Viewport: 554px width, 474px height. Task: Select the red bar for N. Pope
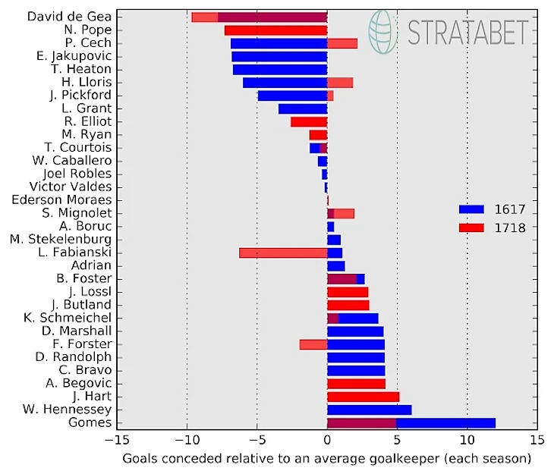click(x=275, y=30)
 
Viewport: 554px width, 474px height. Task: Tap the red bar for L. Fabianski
click(x=283, y=253)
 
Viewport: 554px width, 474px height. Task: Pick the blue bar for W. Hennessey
click(x=369, y=410)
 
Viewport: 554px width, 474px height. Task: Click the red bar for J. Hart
click(x=363, y=397)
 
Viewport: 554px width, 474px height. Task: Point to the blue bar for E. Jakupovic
click(x=279, y=56)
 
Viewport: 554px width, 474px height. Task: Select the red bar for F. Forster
click(x=313, y=344)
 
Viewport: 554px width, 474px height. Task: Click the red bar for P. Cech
click(x=342, y=43)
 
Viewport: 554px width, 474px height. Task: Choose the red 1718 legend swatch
click(x=471, y=227)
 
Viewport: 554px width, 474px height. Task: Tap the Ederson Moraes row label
click(x=61, y=199)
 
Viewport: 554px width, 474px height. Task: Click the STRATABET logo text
click(x=467, y=33)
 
